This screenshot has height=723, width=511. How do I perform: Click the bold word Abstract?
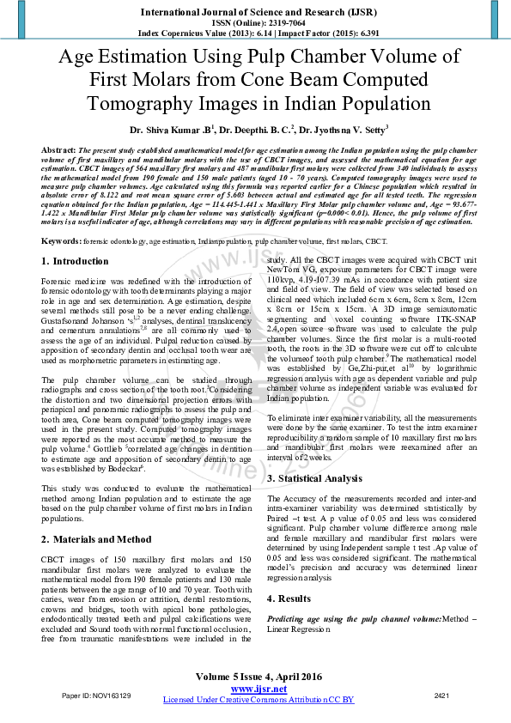(x=58, y=149)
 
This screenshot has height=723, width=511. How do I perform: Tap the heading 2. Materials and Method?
(x=96, y=539)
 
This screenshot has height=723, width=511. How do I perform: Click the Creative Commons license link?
(x=259, y=700)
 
